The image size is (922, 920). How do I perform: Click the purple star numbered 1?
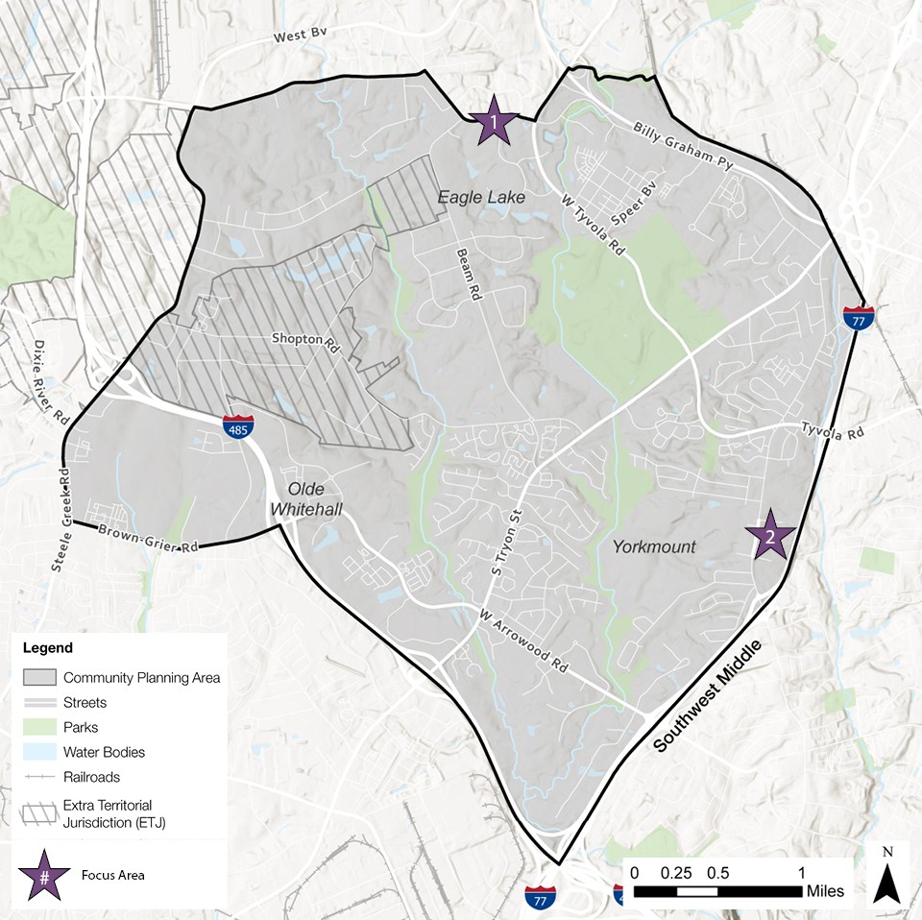[494, 121]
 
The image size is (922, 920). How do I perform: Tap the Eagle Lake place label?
[482, 197]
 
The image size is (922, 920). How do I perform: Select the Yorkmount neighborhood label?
[653, 547]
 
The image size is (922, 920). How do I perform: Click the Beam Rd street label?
[467, 277]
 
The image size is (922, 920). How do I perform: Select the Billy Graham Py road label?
[682, 146]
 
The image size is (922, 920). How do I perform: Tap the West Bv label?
[301, 35]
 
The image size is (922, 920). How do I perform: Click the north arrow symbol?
[888, 876]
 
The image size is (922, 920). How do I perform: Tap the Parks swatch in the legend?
[40, 727]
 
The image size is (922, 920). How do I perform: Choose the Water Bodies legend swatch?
[40, 752]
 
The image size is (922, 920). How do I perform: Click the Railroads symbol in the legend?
[40, 777]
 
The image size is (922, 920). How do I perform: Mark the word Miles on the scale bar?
[825, 892]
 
